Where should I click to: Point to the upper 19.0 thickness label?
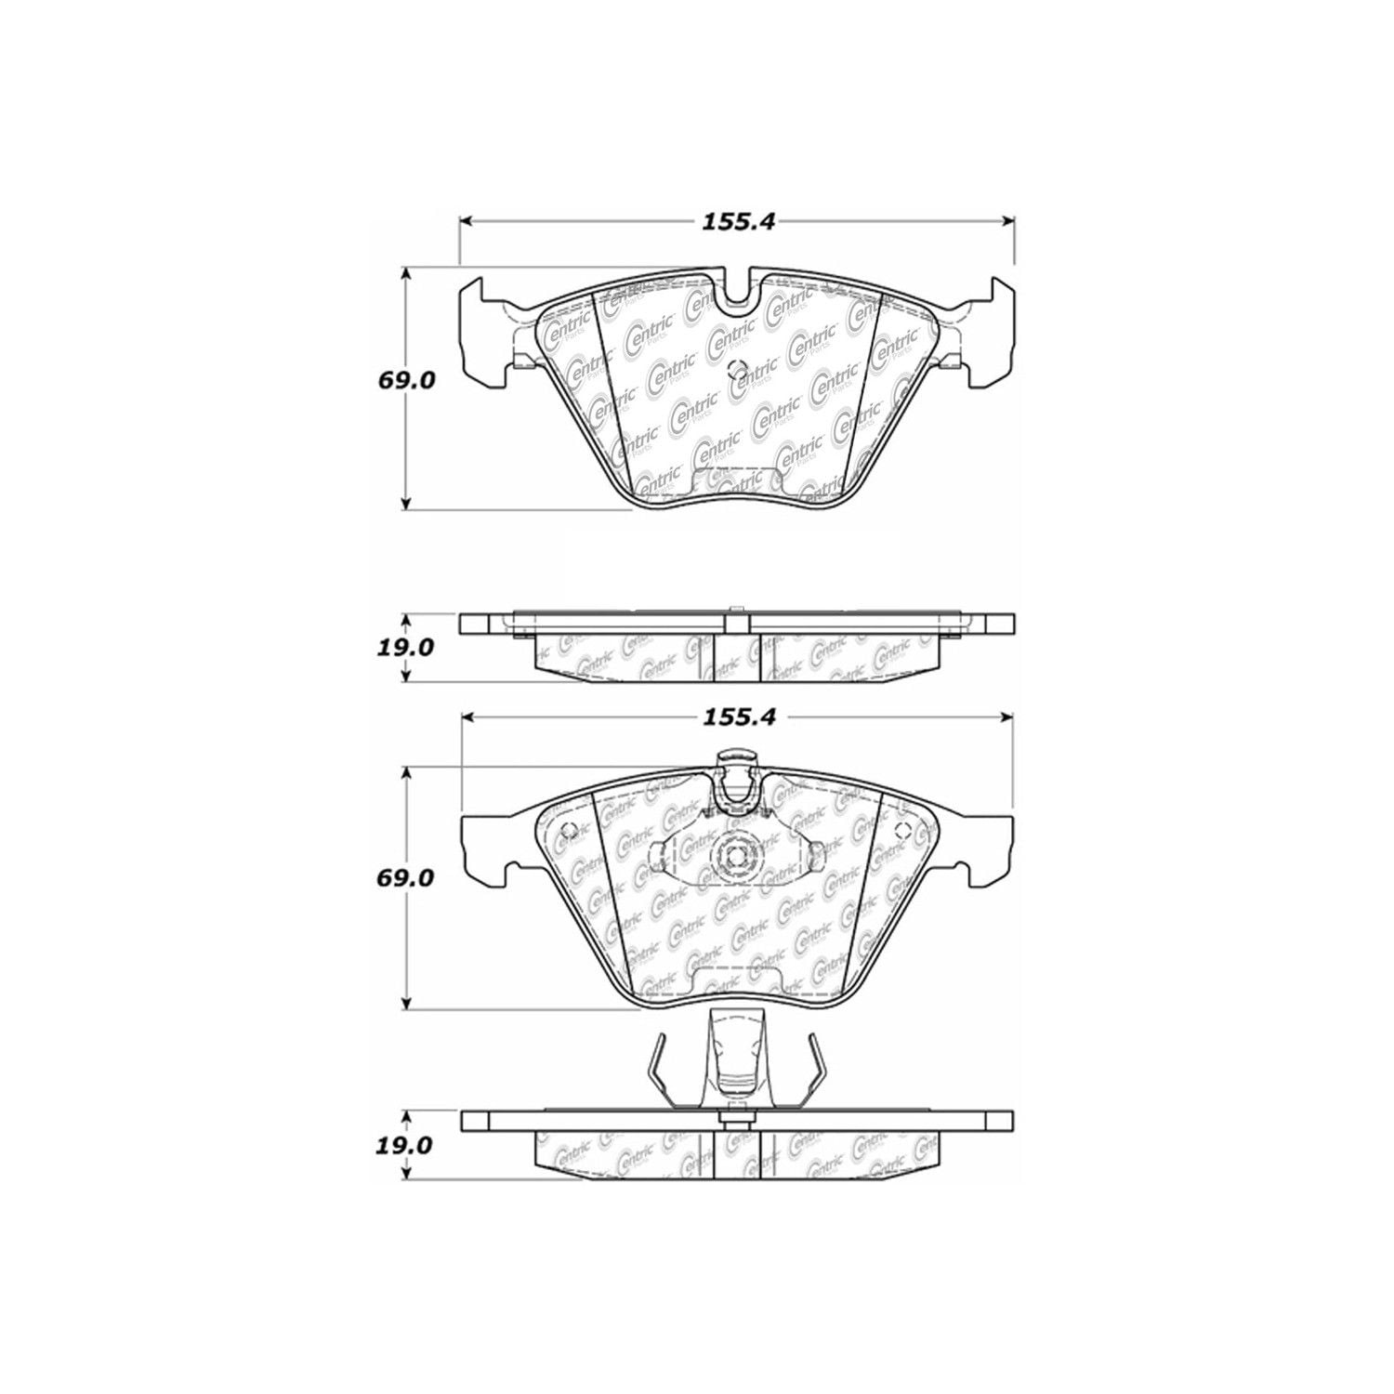click(406, 647)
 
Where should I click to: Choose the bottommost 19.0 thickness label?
click(406, 1145)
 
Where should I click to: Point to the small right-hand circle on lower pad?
click(901, 831)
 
